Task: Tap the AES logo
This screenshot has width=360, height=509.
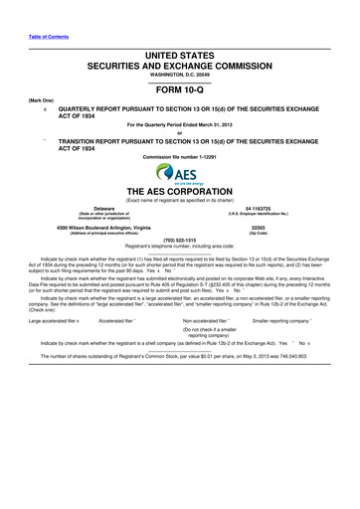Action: [180, 174]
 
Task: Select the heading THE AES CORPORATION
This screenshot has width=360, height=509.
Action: [179, 192]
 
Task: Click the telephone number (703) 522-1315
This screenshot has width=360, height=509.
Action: [180, 240]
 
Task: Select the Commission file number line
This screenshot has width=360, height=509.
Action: [180, 157]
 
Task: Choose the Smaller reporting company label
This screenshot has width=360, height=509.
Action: [289, 293]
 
